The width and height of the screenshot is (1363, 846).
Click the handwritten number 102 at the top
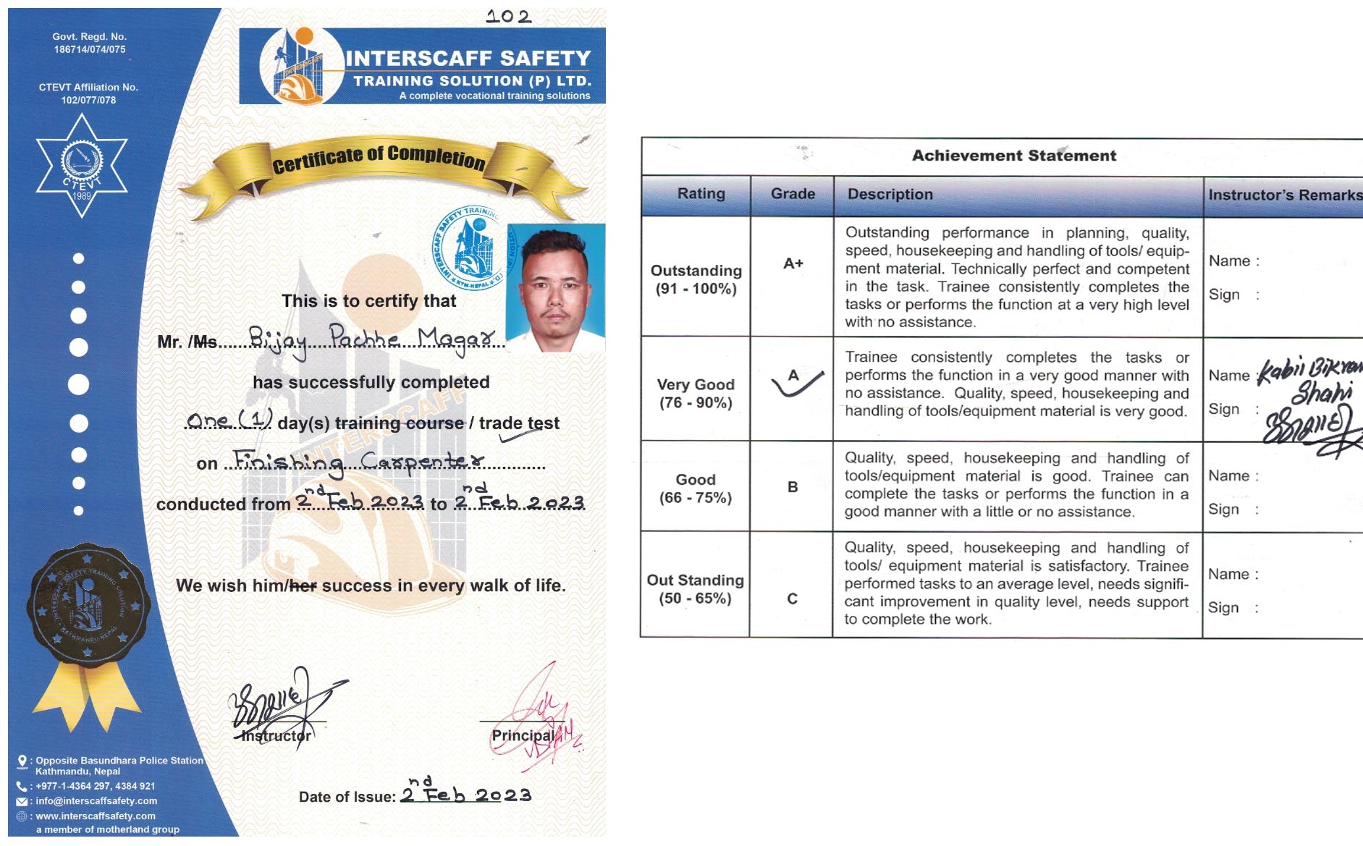[x=509, y=16]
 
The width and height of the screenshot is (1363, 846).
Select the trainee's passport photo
[x=555, y=287]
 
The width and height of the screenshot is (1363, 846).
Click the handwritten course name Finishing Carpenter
[x=358, y=461]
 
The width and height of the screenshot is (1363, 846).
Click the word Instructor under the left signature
[x=276, y=736]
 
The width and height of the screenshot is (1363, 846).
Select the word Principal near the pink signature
[x=523, y=735]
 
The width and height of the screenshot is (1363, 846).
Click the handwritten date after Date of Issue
[x=466, y=794]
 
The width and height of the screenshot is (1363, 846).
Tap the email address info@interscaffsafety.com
[x=96, y=801]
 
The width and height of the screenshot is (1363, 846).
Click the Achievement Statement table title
[x=1013, y=156]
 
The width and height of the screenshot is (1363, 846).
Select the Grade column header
[x=793, y=194]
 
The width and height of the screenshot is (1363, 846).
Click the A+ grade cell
[x=793, y=263]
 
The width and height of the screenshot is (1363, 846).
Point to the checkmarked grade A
[x=794, y=376]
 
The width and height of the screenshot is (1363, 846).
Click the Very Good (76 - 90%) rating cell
[x=696, y=394]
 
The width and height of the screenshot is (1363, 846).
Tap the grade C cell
[x=792, y=598]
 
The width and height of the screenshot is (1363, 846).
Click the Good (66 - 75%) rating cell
[x=696, y=488]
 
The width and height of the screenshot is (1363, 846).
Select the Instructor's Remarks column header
[x=1283, y=195]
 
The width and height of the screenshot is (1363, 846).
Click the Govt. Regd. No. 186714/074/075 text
[x=90, y=43]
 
